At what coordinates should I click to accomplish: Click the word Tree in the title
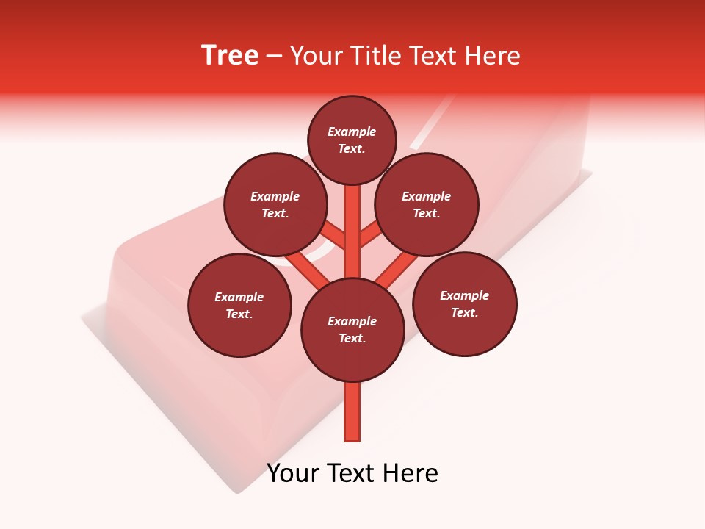coord(230,56)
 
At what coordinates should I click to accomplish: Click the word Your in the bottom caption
coord(293,473)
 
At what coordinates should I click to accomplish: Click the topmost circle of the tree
coord(352,140)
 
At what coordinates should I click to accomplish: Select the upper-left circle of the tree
coord(275,204)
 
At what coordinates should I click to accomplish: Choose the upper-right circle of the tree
coord(427,204)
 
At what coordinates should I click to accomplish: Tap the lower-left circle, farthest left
coord(239,305)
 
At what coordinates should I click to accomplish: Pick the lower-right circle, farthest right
coord(464,303)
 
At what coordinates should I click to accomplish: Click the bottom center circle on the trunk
coord(352,330)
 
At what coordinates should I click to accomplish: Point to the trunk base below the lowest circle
coord(352,411)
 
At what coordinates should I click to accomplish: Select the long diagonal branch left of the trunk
coord(307,266)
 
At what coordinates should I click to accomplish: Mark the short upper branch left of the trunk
coord(335,235)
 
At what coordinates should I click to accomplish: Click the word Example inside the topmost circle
coord(352,132)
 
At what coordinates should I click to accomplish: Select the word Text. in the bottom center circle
coord(352,339)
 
